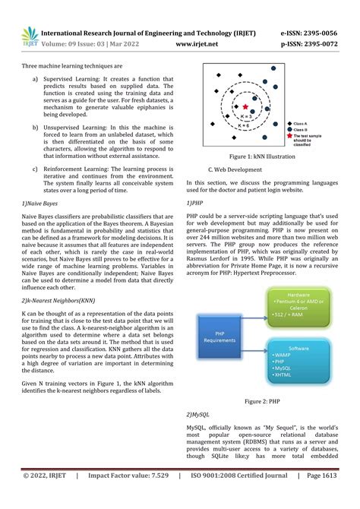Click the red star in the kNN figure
pos(246,106)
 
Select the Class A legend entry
pos(299,123)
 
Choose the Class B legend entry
pos(299,130)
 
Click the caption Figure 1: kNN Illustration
pos(264,156)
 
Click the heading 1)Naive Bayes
pos(42,204)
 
